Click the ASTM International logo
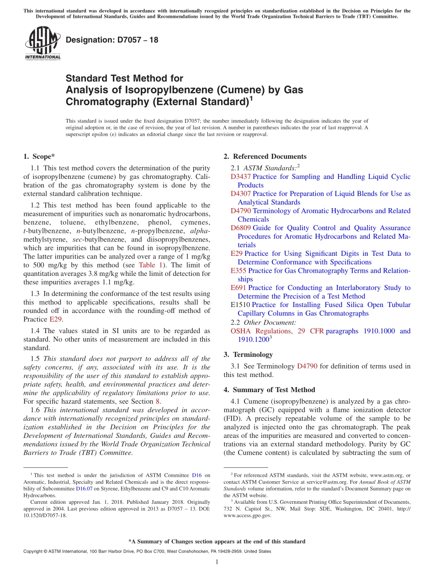pyautogui.click(x=42, y=43)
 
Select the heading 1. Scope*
pyautogui.click(x=39, y=156)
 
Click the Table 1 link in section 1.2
pyautogui.click(x=148, y=265)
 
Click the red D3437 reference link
pyautogui.click(x=240, y=177)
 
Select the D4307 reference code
pyautogui.click(x=240, y=194)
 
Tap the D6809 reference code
pyautogui.click(x=240, y=228)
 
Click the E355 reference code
pyautogui.click(x=238, y=270)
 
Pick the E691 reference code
pyautogui.click(x=238, y=288)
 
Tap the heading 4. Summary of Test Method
pyautogui.click(x=269, y=390)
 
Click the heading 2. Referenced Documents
pyautogui.click(x=265, y=156)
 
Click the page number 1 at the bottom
pyautogui.click(x=217, y=562)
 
